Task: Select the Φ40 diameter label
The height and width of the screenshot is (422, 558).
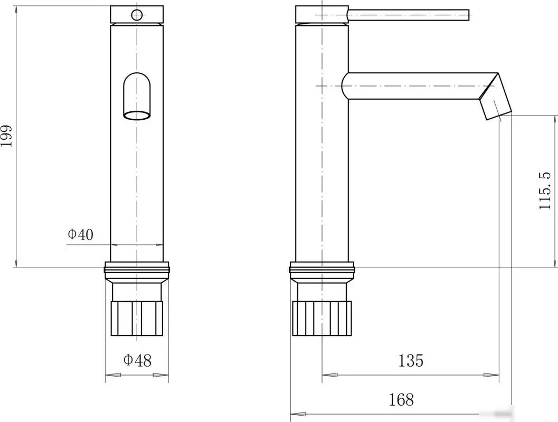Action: [81, 234]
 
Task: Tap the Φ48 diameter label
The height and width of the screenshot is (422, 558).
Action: [137, 360]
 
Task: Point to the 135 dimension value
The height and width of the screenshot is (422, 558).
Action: [411, 360]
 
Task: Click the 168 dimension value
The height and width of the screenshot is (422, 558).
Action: [401, 400]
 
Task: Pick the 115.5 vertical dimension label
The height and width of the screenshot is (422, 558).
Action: [545, 191]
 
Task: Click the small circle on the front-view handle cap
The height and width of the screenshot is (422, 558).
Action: [137, 15]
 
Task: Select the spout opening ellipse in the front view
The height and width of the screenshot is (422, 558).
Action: [137, 115]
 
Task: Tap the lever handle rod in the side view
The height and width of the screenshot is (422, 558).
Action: [409, 14]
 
